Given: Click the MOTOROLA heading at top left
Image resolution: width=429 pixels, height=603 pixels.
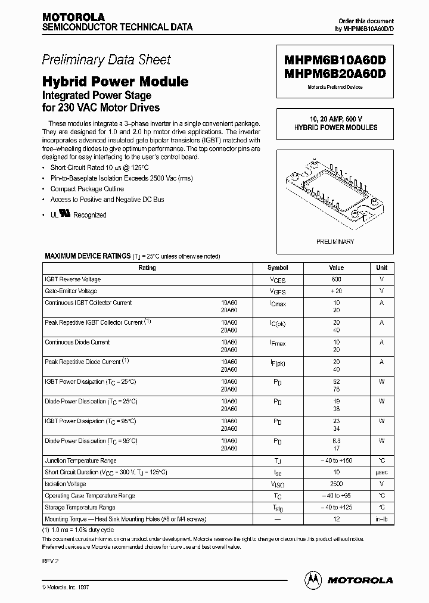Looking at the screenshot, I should (x=73, y=17).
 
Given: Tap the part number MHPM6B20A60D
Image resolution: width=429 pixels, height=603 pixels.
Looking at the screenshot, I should (x=336, y=74).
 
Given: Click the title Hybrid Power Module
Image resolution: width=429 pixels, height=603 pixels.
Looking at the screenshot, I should (x=115, y=82).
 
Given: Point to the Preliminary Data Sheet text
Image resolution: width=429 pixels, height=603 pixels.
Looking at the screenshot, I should (x=106, y=60).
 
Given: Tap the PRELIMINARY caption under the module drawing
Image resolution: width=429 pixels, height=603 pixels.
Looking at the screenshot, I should (x=336, y=241).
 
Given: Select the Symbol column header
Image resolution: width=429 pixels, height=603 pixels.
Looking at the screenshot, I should (x=277, y=268).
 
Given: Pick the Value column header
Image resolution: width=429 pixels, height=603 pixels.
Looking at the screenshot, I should (x=337, y=268).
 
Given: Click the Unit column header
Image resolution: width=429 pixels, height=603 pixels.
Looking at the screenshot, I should (x=381, y=268).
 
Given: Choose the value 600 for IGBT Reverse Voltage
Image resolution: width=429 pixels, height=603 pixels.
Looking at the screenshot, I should (x=337, y=279).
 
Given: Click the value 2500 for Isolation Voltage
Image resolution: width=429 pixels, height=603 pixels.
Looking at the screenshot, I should (x=337, y=484).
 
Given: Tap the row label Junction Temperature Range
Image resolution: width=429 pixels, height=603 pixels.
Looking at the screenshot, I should (x=80, y=461).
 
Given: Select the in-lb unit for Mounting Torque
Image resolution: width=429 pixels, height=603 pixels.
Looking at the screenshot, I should (x=381, y=519).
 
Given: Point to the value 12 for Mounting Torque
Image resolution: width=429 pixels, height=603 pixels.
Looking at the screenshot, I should (x=337, y=519).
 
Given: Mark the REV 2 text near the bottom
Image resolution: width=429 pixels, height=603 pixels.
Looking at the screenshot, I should (x=50, y=561).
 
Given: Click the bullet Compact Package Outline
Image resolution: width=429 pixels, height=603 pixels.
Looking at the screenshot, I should (x=87, y=189).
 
